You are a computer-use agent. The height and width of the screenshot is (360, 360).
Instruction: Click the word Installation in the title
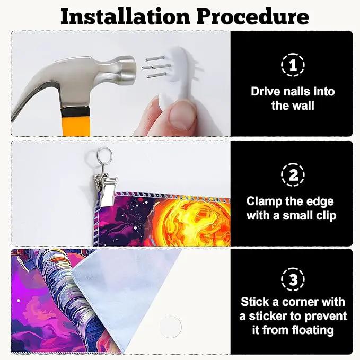pyautogui.click(x=125, y=17)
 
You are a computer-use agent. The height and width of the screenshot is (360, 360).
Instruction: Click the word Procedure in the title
pyautogui.click(x=252, y=17)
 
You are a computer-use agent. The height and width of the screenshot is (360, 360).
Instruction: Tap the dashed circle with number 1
pyautogui.click(x=293, y=65)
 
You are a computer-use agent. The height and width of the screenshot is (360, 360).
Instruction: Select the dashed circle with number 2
pyautogui.click(x=293, y=174)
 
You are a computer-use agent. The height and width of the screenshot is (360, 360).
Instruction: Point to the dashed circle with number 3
pyautogui.click(x=293, y=279)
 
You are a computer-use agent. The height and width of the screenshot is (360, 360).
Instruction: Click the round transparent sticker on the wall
pyautogui.click(x=170, y=327)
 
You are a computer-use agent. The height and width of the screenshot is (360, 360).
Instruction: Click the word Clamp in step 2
pyautogui.click(x=264, y=202)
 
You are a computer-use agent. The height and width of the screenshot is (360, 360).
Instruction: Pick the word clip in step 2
pyautogui.click(x=327, y=216)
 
